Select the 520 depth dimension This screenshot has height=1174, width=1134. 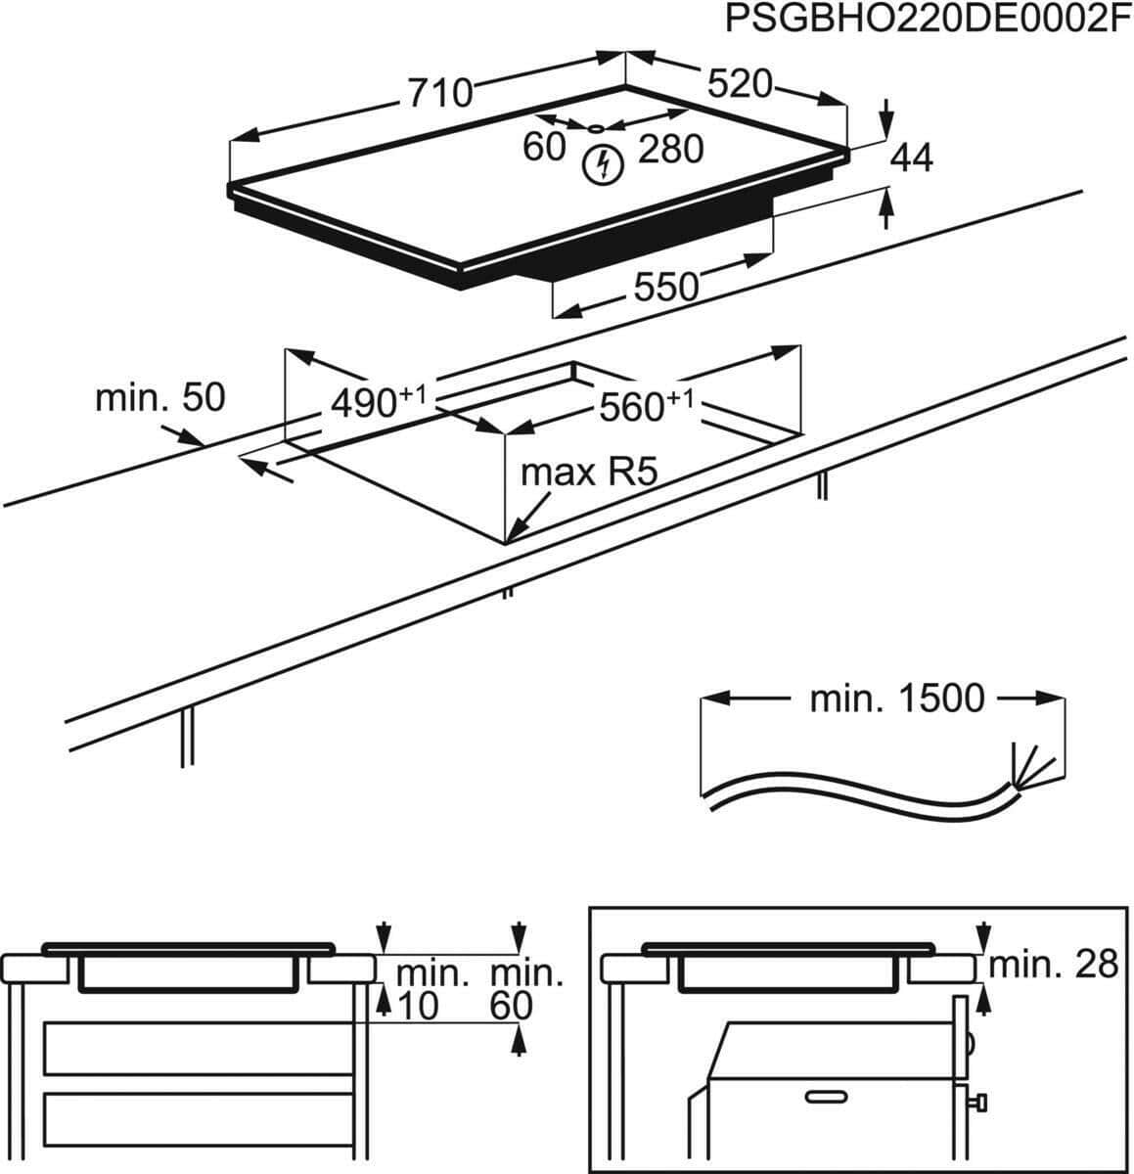740,84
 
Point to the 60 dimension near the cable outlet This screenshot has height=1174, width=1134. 544,147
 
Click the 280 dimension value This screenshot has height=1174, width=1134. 671,150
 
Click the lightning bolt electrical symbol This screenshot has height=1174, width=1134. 602,164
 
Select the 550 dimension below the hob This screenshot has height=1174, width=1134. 666,287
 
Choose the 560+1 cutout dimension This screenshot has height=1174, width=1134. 646,406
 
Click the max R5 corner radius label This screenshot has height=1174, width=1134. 586,474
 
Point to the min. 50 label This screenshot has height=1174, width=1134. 159,398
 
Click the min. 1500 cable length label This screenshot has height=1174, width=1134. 896,699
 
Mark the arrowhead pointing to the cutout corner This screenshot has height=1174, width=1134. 516,533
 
